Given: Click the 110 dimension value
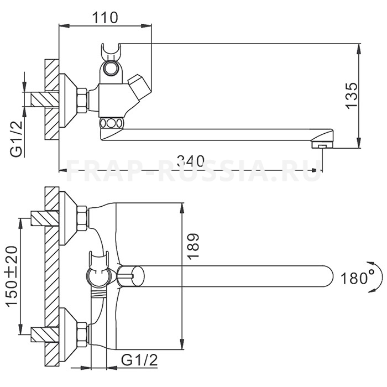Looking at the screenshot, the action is (x=105, y=17).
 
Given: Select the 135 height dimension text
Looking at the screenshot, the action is (x=351, y=95).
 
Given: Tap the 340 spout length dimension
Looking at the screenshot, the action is (x=190, y=161).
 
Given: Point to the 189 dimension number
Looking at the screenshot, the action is (x=193, y=246).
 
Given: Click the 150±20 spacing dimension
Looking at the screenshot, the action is (x=12, y=276).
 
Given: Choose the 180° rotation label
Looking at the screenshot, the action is (x=357, y=278).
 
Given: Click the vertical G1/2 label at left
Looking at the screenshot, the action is (x=16, y=138).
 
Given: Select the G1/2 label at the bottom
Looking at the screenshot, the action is (x=139, y=360).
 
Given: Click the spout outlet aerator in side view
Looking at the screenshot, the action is (x=322, y=145).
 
